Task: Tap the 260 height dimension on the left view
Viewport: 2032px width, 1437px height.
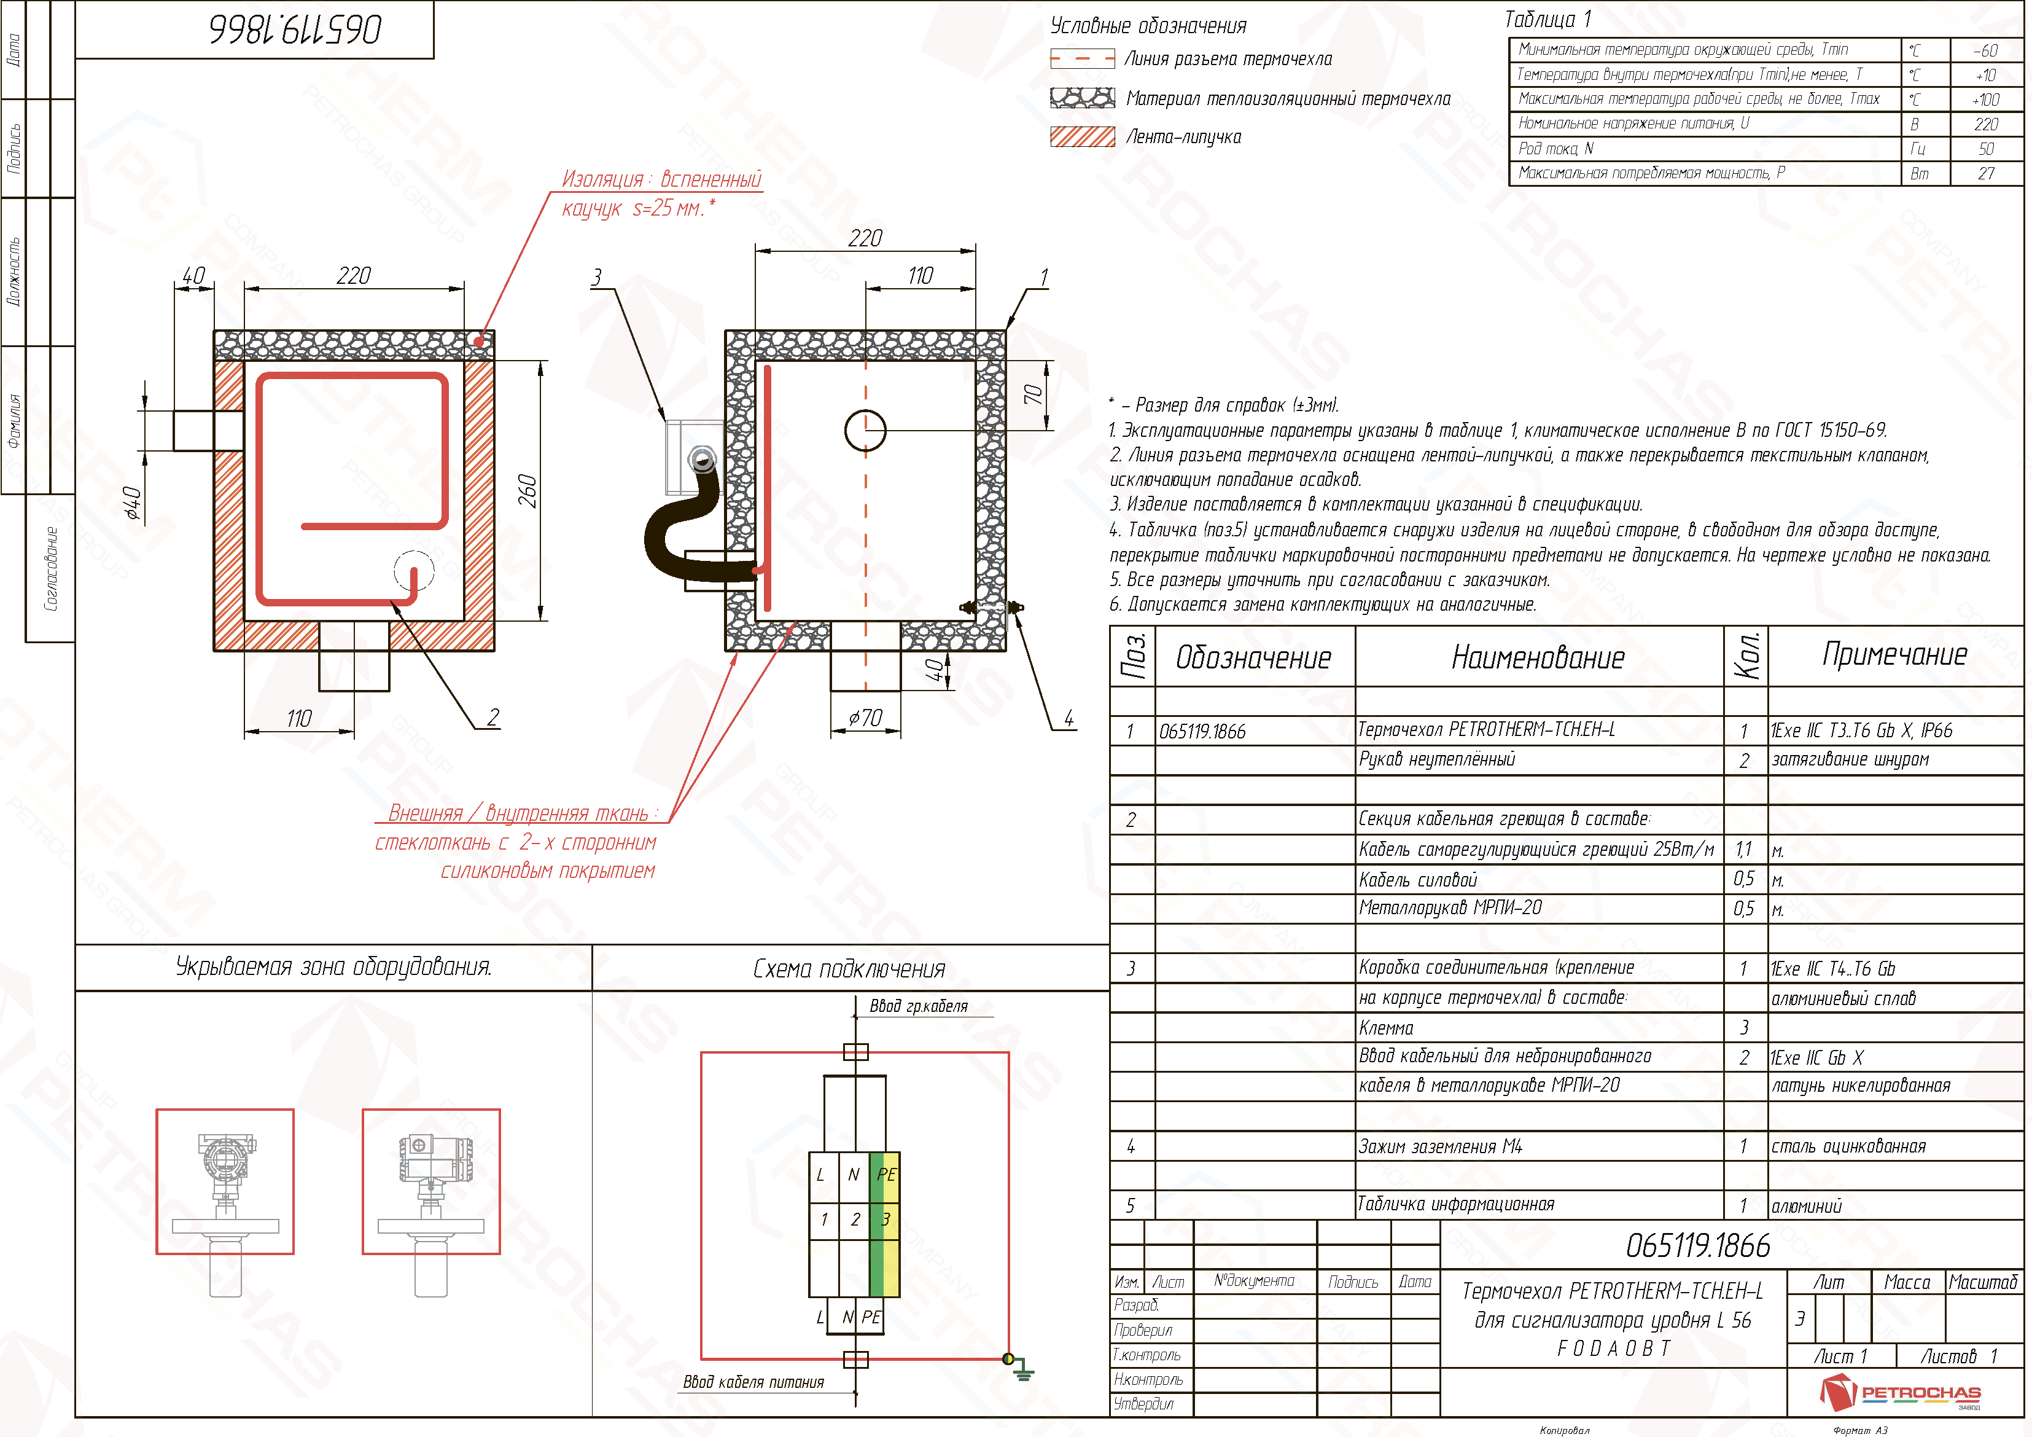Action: coord(527,491)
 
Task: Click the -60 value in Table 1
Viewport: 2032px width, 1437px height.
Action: coord(1985,50)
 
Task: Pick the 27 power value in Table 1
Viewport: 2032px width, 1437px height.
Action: coord(1986,173)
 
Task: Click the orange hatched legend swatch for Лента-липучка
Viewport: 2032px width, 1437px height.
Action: coord(1083,136)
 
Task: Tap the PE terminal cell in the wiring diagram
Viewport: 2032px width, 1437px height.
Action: coord(886,1174)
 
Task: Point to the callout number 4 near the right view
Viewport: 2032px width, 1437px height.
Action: coord(1069,718)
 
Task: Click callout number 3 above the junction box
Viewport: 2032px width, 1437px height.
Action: coord(596,278)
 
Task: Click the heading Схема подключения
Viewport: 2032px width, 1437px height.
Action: coord(849,969)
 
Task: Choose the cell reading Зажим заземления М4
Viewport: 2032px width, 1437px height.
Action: coord(1440,1146)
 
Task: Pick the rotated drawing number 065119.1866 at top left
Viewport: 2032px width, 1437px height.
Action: coord(295,29)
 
